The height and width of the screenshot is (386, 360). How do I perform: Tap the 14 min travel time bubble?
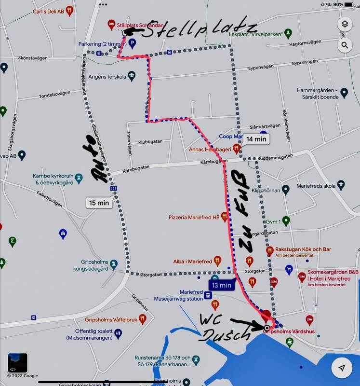tap(256, 139)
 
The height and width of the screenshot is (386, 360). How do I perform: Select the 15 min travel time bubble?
tap(99, 203)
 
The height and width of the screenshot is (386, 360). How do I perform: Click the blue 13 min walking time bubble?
tap(222, 286)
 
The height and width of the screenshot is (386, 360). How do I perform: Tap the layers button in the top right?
tap(345, 25)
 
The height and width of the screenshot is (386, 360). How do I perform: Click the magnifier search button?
tap(345, 46)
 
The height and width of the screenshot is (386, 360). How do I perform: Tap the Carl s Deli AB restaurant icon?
tap(69, 10)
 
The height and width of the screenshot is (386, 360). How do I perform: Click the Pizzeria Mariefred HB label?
tap(194, 218)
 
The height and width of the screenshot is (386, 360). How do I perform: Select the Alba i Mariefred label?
tap(193, 262)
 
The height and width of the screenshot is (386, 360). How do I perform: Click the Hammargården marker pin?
tap(344, 92)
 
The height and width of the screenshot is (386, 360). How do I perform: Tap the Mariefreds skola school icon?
tap(341, 185)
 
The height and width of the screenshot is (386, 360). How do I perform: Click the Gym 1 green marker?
tap(286, 221)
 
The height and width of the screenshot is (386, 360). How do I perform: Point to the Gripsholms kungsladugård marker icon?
tap(113, 264)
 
